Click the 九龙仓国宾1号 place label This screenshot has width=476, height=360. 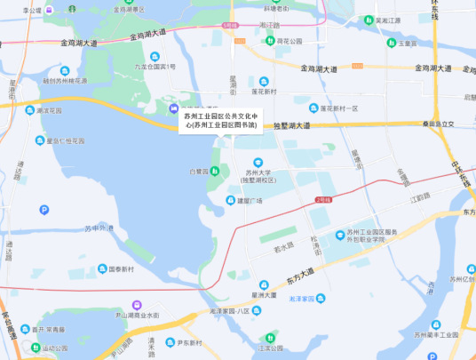(x=155, y=67)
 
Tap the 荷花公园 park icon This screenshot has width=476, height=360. (x=270, y=41)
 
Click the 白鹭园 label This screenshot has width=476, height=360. (x=198, y=170)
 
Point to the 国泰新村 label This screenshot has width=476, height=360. (x=120, y=268)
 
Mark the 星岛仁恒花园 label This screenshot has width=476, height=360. (x=66, y=140)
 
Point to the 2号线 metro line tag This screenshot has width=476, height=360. (x=321, y=200)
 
